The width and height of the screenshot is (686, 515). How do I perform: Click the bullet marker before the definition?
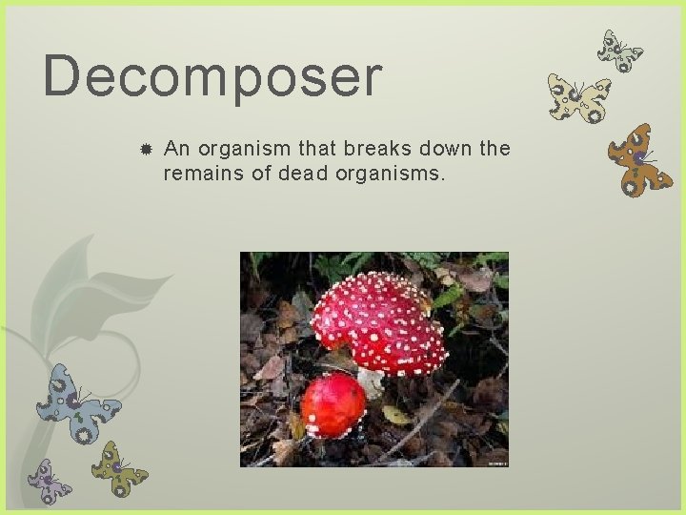pyautogui.click(x=146, y=150)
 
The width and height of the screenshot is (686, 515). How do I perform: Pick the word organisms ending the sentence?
pyautogui.click(x=396, y=175)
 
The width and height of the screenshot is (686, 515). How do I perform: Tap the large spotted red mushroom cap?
pyautogui.click(x=378, y=320)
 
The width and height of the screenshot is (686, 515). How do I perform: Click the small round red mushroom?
pyautogui.click(x=333, y=404)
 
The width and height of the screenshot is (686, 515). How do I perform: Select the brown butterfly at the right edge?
pyautogui.click(x=638, y=160)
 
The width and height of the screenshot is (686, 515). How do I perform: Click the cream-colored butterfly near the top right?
pyautogui.click(x=577, y=98)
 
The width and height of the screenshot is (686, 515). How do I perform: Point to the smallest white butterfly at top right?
pyautogui.click(x=619, y=51)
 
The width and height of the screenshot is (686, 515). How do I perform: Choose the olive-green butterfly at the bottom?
pyautogui.click(x=119, y=468)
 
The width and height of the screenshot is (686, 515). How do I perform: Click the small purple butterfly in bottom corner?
pyautogui.click(x=48, y=482)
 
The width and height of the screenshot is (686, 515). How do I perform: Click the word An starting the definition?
pyautogui.click(x=175, y=149)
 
